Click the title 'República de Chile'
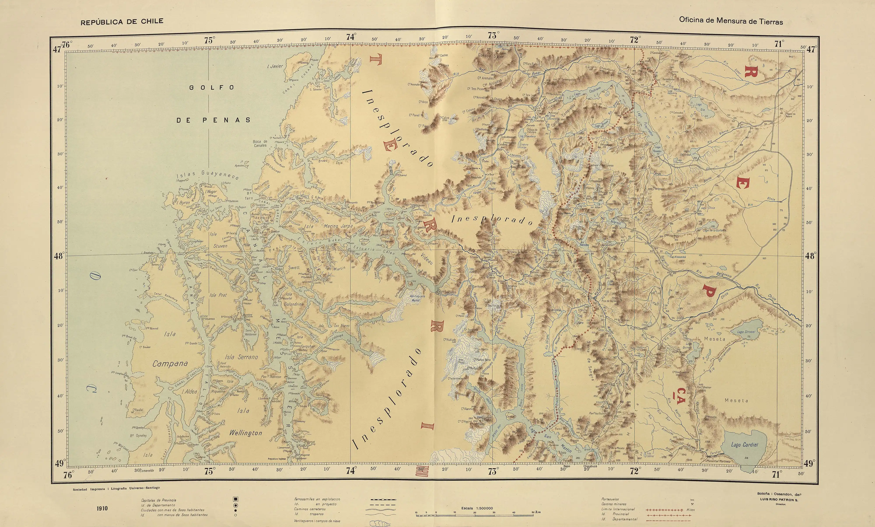point(122,22)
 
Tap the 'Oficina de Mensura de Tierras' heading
point(731,21)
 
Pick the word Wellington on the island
point(245,433)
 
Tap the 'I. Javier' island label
point(275,66)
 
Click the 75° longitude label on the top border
point(210,40)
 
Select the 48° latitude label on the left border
point(59,256)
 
